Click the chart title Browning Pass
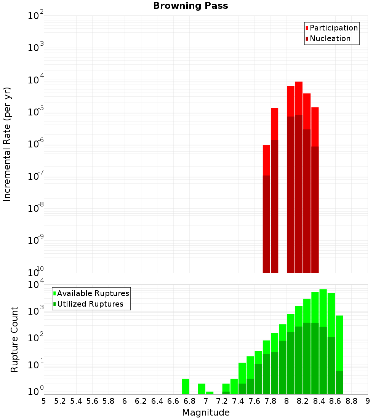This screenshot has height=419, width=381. pos(190,6)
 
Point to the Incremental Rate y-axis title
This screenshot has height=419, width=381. pos(7,144)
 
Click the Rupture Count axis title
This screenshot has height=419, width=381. pos(14,339)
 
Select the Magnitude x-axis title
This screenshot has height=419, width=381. pos(206,413)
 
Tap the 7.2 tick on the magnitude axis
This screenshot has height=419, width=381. pos(222,401)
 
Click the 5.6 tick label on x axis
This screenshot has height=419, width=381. pos(92,401)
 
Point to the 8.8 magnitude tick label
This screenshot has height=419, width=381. pos(351,401)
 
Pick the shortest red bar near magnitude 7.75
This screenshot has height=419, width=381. pos(266,160)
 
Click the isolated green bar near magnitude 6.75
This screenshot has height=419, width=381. pos(186,387)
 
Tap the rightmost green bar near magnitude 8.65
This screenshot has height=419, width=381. pos(339,343)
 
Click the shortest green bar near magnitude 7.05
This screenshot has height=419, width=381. pos(210,393)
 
